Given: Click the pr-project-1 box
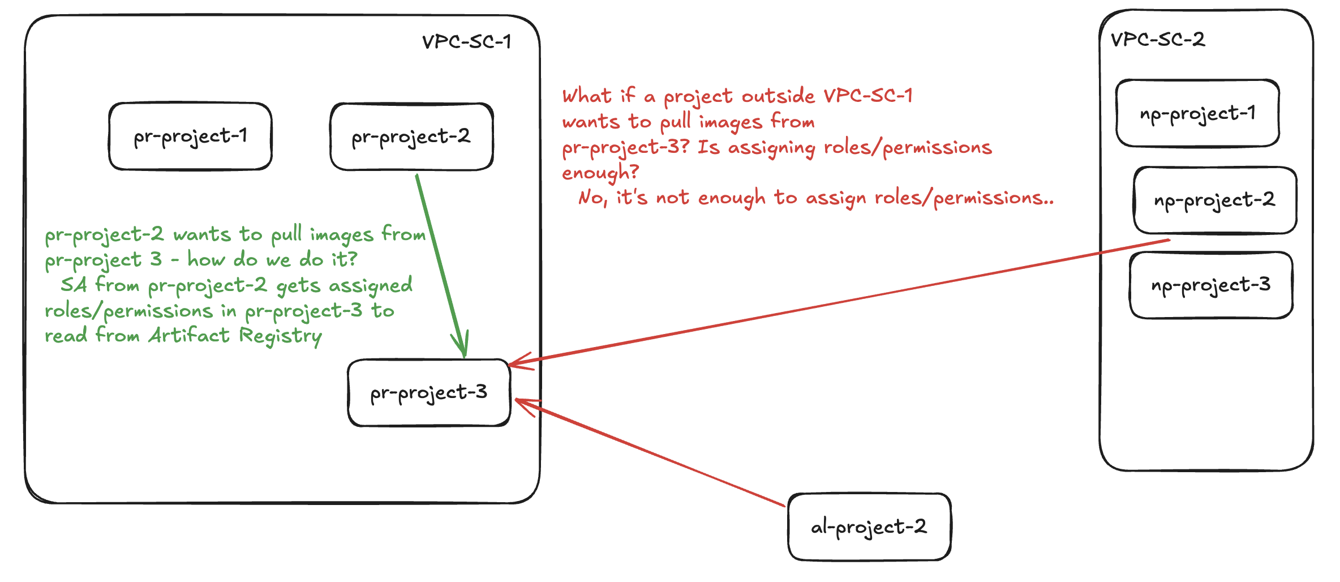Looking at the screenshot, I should point(190,136).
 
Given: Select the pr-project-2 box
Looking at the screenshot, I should point(411,136).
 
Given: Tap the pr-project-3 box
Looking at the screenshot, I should point(429,392).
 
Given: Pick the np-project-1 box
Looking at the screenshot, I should point(1197,113).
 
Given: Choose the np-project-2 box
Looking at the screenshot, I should point(1214,200).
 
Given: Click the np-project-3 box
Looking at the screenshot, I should point(1211,285).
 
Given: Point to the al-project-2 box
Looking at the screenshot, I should point(869,527).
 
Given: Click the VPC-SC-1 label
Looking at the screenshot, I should point(466,42).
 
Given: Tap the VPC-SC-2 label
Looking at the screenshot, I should point(1158,40).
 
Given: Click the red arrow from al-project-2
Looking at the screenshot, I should point(651,453).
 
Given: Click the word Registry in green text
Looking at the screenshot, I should point(281,336).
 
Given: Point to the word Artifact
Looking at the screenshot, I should point(189,335).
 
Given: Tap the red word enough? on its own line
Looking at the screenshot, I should point(600,172).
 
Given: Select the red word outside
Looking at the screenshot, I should point(779,96).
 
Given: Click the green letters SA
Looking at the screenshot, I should point(74,284).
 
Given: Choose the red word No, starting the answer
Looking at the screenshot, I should point(592,198).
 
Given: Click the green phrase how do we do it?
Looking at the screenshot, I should point(272,259).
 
